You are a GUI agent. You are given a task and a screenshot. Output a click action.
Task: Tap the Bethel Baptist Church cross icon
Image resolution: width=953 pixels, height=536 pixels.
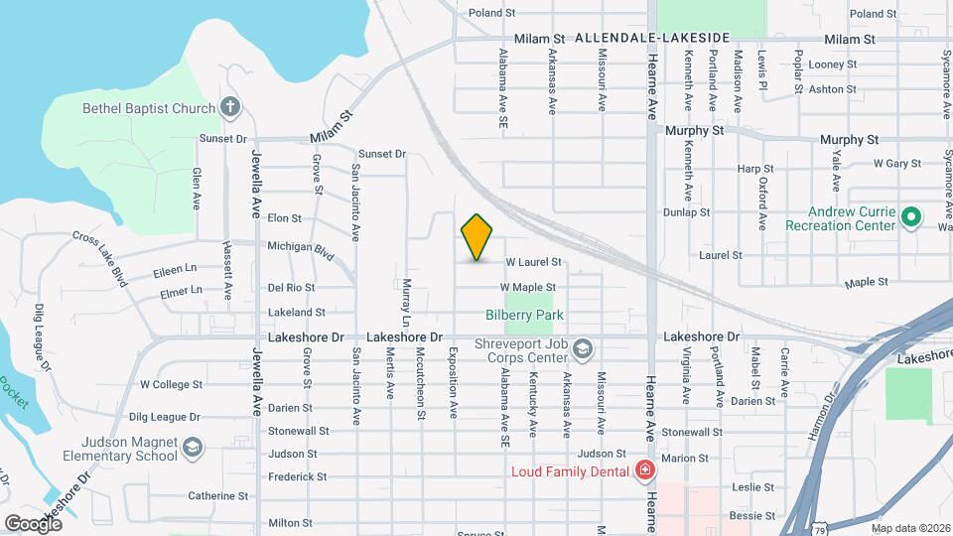tap(230, 107)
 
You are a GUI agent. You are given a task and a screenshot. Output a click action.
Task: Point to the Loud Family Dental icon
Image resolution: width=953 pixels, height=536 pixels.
tap(645, 470)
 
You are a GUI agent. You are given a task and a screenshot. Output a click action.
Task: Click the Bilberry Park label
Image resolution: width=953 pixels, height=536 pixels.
tap(524, 315)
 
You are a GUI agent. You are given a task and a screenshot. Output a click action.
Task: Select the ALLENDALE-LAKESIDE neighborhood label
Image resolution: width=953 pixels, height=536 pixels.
tap(652, 38)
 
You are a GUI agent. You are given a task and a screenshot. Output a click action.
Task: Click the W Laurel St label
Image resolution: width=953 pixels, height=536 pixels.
tap(533, 263)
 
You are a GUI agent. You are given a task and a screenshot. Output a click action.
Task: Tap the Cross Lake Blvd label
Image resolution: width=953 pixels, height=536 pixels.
tap(100, 258)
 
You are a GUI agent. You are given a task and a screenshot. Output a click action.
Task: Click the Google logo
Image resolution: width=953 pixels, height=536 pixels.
tap(33, 523)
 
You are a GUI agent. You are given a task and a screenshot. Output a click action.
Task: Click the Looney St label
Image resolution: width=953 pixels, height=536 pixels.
tap(833, 65)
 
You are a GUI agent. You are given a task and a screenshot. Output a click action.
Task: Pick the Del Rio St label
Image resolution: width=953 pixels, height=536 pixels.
tap(291, 287)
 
